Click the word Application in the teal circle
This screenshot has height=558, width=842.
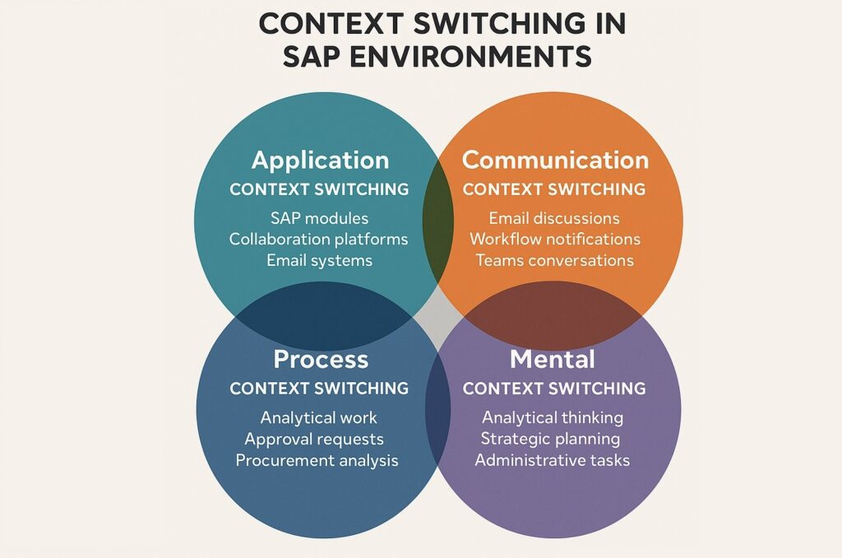pos(320,160)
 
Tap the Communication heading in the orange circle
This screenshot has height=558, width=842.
pos(555,160)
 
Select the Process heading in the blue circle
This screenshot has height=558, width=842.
pos(320,360)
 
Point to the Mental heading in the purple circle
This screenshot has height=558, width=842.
pos(553,360)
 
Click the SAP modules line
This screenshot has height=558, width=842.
pos(319,218)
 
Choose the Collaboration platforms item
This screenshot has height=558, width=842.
pos(319,239)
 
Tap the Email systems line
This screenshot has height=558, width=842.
pos(319,260)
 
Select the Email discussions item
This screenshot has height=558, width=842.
pos(554,218)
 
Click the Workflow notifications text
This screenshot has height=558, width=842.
pos(554,239)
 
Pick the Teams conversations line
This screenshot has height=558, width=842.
pos(554,260)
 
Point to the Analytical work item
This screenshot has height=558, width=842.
pos(319,417)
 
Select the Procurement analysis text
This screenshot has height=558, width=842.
pos(317,460)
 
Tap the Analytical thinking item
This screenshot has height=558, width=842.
pos(553,417)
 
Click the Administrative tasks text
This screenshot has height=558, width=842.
pos(553,460)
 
